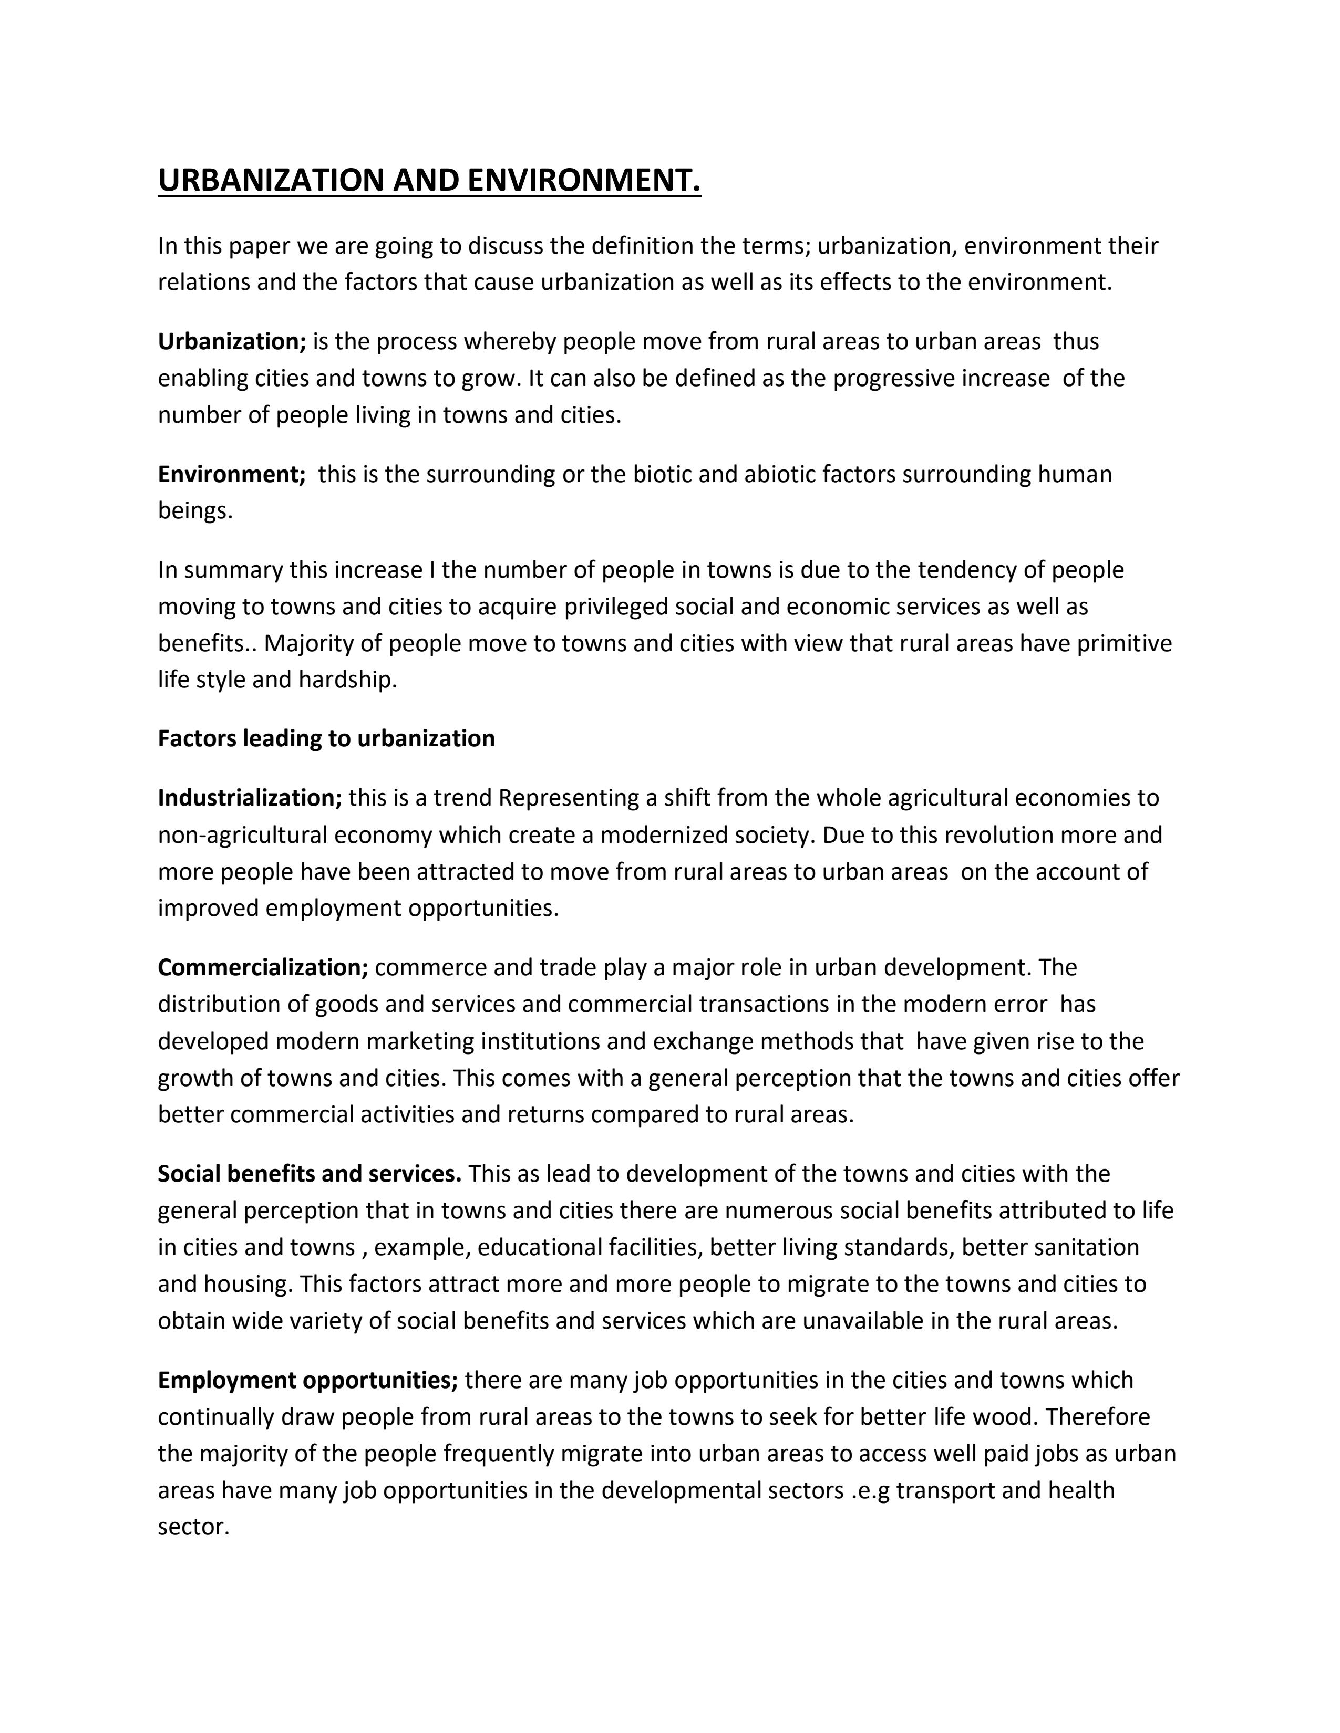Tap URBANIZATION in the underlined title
click(271, 180)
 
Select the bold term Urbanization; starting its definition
click(232, 341)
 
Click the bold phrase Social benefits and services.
click(310, 1174)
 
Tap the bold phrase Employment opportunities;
click(308, 1380)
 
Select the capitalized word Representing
click(569, 798)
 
